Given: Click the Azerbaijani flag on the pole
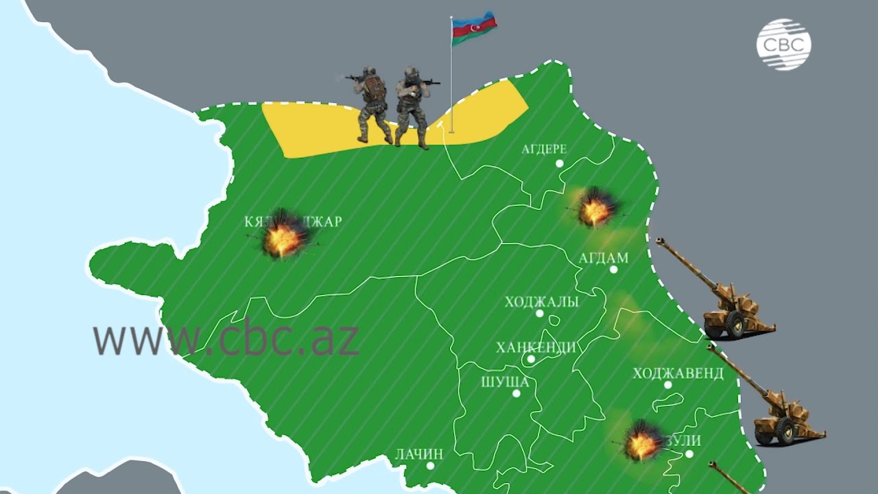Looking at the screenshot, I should pyautogui.click(x=474, y=28).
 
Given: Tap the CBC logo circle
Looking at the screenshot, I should pyautogui.click(x=783, y=45).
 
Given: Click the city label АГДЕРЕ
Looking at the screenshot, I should pyautogui.click(x=543, y=149).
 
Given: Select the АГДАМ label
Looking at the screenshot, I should pyautogui.click(x=604, y=258).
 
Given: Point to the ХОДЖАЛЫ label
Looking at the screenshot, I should pyautogui.click(x=541, y=302).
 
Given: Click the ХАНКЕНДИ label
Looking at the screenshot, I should pyautogui.click(x=536, y=347).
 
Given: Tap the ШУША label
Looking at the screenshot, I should pyautogui.click(x=505, y=382).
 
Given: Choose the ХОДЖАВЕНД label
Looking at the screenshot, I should pyautogui.click(x=678, y=373).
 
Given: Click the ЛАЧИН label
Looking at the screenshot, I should pyautogui.click(x=419, y=454).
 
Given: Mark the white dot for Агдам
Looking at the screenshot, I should pyautogui.click(x=613, y=270).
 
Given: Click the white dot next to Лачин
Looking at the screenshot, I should pyautogui.click(x=430, y=465).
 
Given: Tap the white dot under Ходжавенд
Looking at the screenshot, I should pyautogui.click(x=667, y=385).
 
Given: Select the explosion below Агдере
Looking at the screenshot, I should pyautogui.click(x=594, y=207).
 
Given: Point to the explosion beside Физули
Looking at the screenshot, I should pyautogui.click(x=641, y=441).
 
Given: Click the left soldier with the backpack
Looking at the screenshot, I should pyautogui.click(x=372, y=103).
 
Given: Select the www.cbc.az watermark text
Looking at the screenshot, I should pyautogui.click(x=226, y=338).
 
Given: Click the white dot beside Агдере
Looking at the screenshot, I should pyautogui.click(x=560, y=163).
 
